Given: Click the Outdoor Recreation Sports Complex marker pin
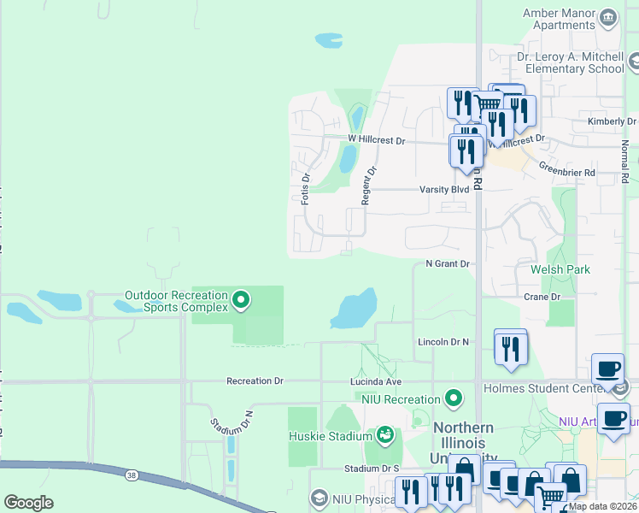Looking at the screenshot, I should (x=241, y=299).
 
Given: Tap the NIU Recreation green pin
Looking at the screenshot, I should (x=454, y=398).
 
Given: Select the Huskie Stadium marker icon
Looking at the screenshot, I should (x=385, y=435).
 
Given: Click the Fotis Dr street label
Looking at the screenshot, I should (x=305, y=188).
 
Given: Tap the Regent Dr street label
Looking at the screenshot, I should (x=367, y=184).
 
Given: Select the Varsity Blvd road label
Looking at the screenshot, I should (x=444, y=189).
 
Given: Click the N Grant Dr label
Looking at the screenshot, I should (x=448, y=264).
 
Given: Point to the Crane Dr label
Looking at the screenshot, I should (x=542, y=297).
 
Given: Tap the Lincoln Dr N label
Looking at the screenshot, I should (x=443, y=342).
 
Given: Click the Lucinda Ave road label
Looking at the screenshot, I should (x=375, y=380).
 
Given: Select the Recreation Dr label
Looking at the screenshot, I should (x=254, y=380).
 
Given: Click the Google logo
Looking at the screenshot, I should (x=28, y=503).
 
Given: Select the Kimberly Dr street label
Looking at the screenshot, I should (x=607, y=121).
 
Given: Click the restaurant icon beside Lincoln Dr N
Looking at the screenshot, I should (x=511, y=348).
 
